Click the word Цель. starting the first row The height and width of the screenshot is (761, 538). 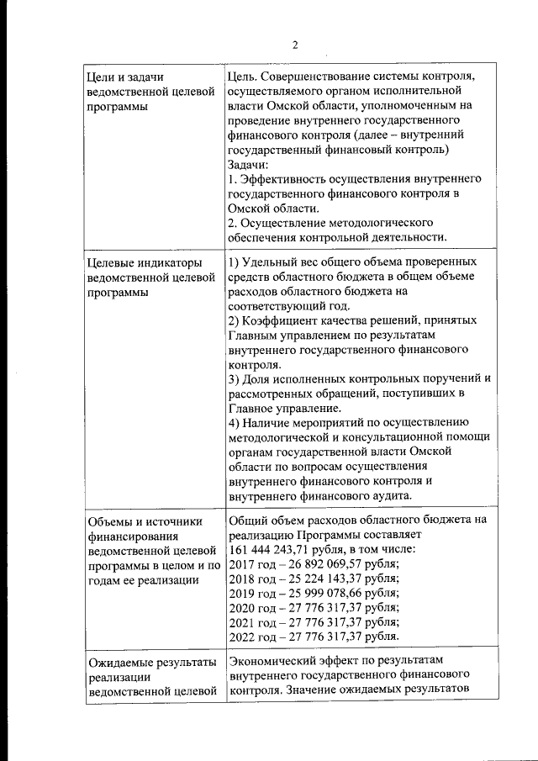tap(245, 77)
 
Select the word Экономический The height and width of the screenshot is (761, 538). tap(275, 661)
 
